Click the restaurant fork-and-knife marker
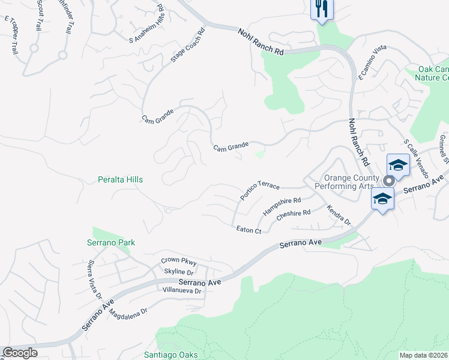(x=322, y=8)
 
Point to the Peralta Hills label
(x=121, y=179)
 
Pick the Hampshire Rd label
(x=281, y=206)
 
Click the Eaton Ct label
(x=249, y=230)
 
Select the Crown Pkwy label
(x=179, y=261)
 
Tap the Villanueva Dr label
(x=181, y=290)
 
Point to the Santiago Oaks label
(x=171, y=355)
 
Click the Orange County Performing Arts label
(x=352, y=182)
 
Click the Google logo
(x=20, y=353)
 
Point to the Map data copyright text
(x=423, y=355)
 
